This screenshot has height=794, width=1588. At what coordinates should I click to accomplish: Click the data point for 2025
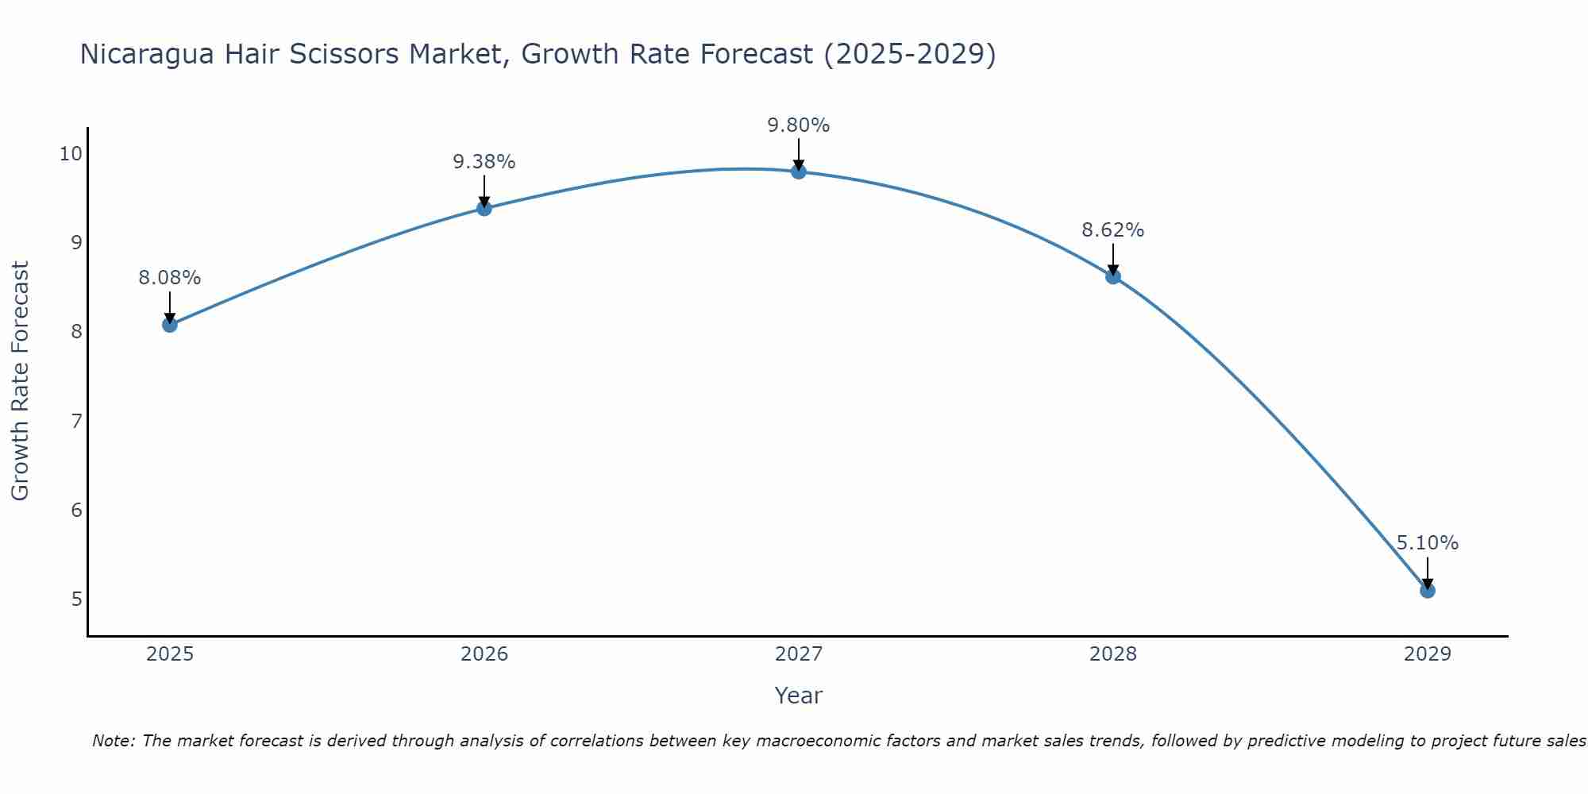(x=169, y=324)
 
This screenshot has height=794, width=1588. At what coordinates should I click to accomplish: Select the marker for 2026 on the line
(x=484, y=208)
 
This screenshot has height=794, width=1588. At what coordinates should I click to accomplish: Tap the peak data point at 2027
(x=798, y=171)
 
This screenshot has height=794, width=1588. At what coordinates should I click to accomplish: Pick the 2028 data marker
(x=1112, y=276)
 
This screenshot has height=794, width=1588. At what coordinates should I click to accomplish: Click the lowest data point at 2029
(x=1427, y=590)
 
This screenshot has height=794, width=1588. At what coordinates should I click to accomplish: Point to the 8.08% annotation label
(x=169, y=278)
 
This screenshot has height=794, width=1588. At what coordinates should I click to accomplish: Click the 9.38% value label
(x=484, y=162)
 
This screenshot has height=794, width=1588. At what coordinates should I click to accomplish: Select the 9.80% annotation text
(x=798, y=125)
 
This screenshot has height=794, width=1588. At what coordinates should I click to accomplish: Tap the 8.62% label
(x=1112, y=230)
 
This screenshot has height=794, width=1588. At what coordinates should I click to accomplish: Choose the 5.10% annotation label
(x=1427, y=543)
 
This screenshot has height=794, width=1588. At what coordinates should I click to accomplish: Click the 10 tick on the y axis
(x=71, y=153)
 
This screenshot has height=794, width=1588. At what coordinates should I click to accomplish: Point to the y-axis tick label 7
(x=76, y=420)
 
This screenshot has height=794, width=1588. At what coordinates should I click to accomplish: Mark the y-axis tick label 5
(x=76, y=598)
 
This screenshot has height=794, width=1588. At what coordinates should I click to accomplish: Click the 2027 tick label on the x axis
(x=798, y=654)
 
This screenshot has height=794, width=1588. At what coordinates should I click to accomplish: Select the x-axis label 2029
(x=1427, y=654)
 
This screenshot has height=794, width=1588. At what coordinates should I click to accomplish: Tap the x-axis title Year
(x=798, y=696)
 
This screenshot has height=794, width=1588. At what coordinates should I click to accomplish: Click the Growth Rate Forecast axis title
(x=21, y=381)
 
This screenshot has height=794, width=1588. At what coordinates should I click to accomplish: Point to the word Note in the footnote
(x=114, y=741)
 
